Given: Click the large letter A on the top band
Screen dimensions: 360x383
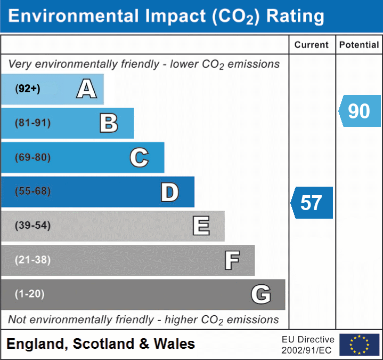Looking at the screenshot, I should pyautogui.click(x=86, y=89).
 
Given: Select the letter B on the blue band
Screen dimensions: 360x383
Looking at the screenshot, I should pyautogui.click(x=109, y=123).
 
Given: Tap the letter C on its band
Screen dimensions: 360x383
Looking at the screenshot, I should pyautogui.click(x=139, y=158).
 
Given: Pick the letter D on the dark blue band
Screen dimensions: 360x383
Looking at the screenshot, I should pyautogui.click(x=169, y=192).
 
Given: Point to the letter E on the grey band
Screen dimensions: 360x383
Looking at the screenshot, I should pyautogui.click(x=201, y=226).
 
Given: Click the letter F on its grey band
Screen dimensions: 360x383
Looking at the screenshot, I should pyautogui.click(x=232, y=261).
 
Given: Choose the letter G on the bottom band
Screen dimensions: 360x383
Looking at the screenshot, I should pyautogui.click(x=261, y=294).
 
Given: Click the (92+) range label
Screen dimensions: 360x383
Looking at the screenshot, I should pyautogui.click(x=28, y=89).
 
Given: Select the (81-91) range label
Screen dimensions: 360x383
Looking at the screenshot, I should pyautogui.click(x=33, y=123).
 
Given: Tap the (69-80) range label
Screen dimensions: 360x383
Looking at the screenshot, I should pyautogui.click(x=33, y=158).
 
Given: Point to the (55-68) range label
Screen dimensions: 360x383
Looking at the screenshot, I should pyautogui.click(x=33, y=191).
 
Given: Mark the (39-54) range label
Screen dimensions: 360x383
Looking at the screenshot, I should pyautogui.click(x=33, y=226).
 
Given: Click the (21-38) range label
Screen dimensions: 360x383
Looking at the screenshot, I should pyautogui.click(x=33, y=260).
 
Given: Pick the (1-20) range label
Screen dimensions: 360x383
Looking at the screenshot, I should pyautogui.click(x=30, y=294).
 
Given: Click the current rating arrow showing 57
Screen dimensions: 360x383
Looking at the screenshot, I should pyautogui.click(x=312, y=203).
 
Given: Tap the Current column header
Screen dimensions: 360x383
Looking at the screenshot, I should pyautogui.click(x=312, y=45).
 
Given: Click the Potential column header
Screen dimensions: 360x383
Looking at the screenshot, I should pyautogui.click(x=359, y=45).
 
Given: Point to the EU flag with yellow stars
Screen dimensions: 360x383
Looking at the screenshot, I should pyautogui.click(x=359, y=345).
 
